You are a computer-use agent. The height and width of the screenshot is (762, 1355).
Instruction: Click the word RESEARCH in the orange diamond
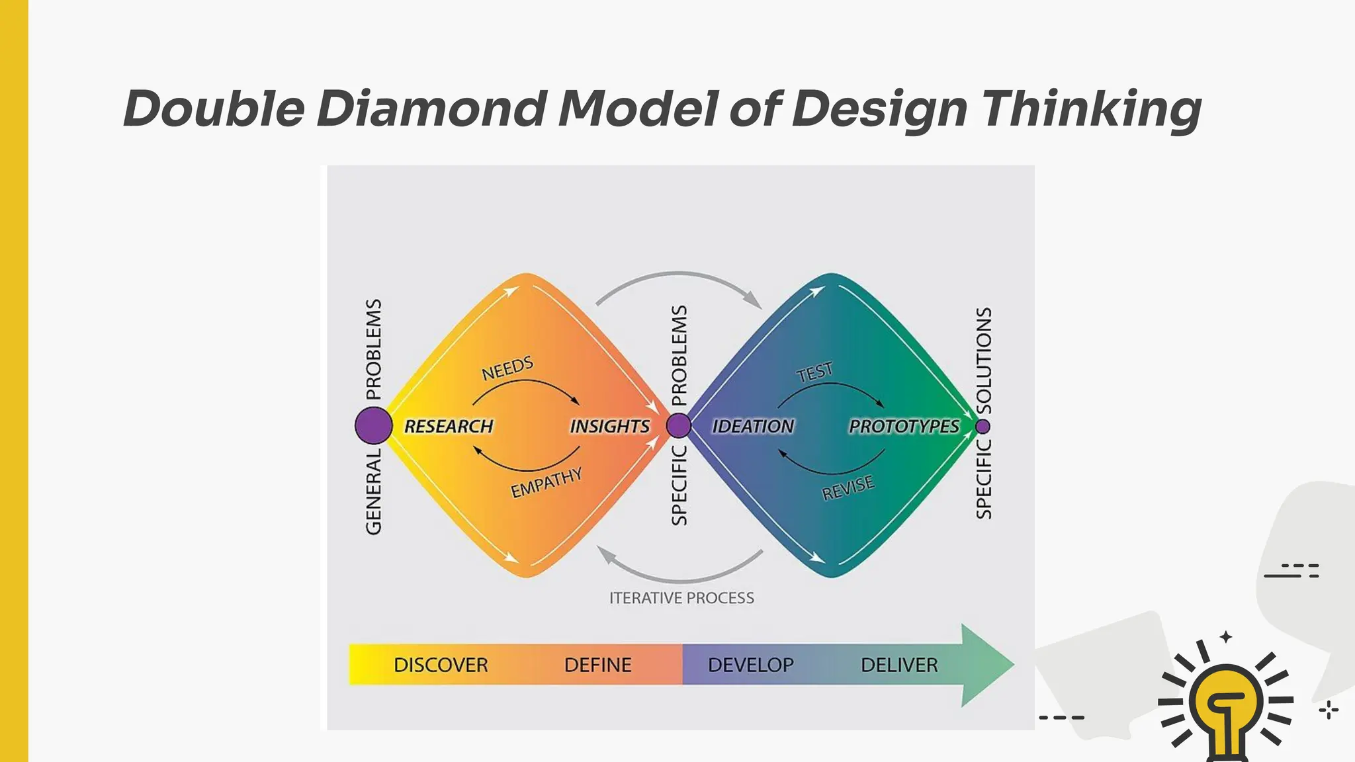click(449, 427)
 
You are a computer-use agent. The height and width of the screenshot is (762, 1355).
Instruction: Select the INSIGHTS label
click(609, 427)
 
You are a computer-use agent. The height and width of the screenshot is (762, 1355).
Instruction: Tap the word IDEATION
click(753, 427)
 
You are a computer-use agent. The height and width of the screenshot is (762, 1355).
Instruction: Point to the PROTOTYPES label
click(904, 427)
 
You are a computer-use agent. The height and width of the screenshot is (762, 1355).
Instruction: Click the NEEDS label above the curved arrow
click(507, 368)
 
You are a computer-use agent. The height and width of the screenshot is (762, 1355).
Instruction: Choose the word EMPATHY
click(546, 482)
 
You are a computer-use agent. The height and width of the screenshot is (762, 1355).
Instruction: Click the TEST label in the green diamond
click(814, 372)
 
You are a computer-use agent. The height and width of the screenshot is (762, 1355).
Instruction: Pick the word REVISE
click(848, 488)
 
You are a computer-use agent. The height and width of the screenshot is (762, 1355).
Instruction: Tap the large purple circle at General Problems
click(374, 425)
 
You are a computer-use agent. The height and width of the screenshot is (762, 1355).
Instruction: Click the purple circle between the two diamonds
click(678, 425)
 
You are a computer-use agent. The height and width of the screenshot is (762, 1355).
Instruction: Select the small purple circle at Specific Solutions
click(983, 426)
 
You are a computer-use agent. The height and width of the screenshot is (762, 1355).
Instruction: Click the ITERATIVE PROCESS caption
click(681, 598)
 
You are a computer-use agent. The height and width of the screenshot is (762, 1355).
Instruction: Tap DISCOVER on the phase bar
click(441, 665)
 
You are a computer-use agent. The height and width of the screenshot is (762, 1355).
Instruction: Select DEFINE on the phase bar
click(597, 665)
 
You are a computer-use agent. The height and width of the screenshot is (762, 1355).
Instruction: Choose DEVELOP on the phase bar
click(750, 665)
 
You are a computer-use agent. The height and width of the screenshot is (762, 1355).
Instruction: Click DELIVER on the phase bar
click(899, 665)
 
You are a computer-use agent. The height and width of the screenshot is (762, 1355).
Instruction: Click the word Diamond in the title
click(431, 109)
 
